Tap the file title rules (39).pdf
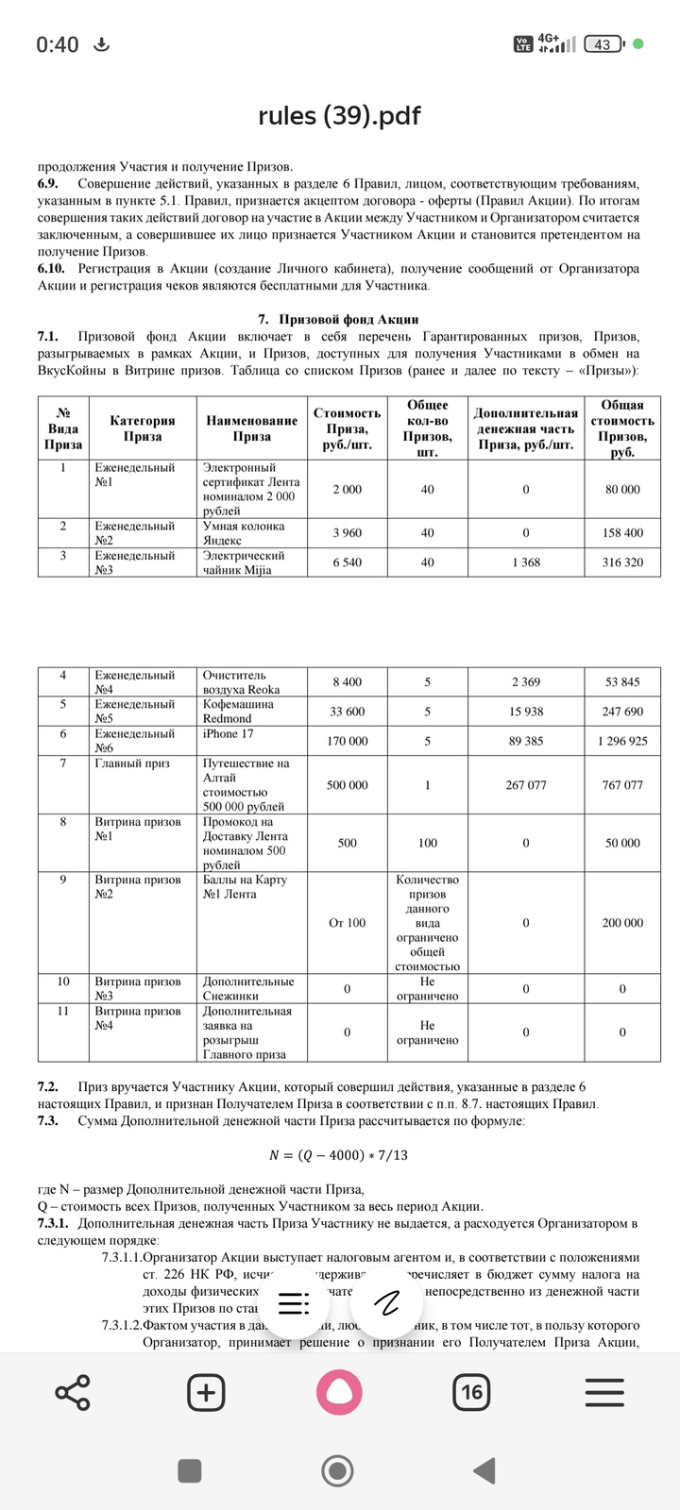(x=339, y=115)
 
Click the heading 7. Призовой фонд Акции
(x=338, y=319)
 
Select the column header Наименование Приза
(x=252, y=428)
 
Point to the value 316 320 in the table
(x=622, y=562)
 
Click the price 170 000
(x=348, y=741)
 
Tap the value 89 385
(x=525, y=741)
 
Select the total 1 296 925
(x=622, y=741)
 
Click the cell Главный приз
(x=132, y=763)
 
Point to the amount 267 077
(x=525, y=785)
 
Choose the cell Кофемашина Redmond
(x=238, y=712)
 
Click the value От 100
(x=348, y=923)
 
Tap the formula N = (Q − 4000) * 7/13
(x=339, y=1154)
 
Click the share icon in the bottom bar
(x=73, y=1392)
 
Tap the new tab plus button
(x=206, y=1392)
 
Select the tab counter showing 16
(x=471, y=1392)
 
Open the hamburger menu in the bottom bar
(x=604, y=1392)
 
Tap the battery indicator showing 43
(x=603, y=43)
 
